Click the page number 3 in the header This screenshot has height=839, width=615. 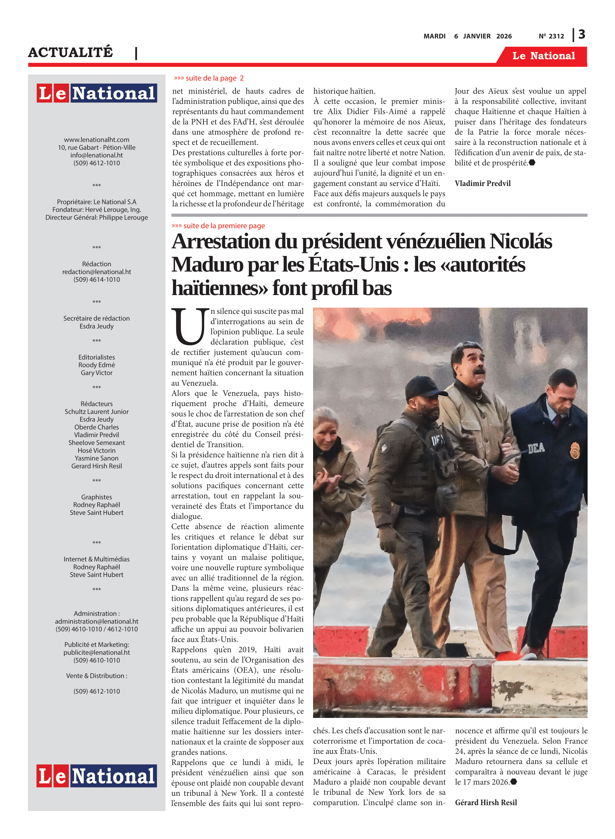click(581, 35)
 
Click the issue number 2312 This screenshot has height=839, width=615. click(556, 36)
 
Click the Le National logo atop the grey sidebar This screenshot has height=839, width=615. click(97, 93)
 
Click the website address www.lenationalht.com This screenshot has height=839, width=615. click(97, 140)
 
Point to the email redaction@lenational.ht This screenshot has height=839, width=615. click(97, 272)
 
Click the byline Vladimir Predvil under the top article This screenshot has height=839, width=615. click(482, 183)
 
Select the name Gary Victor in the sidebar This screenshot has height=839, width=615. click(97, 373)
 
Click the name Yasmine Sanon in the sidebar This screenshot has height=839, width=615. click(97, 458)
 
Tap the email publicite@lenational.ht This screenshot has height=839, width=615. click(97, 652)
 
